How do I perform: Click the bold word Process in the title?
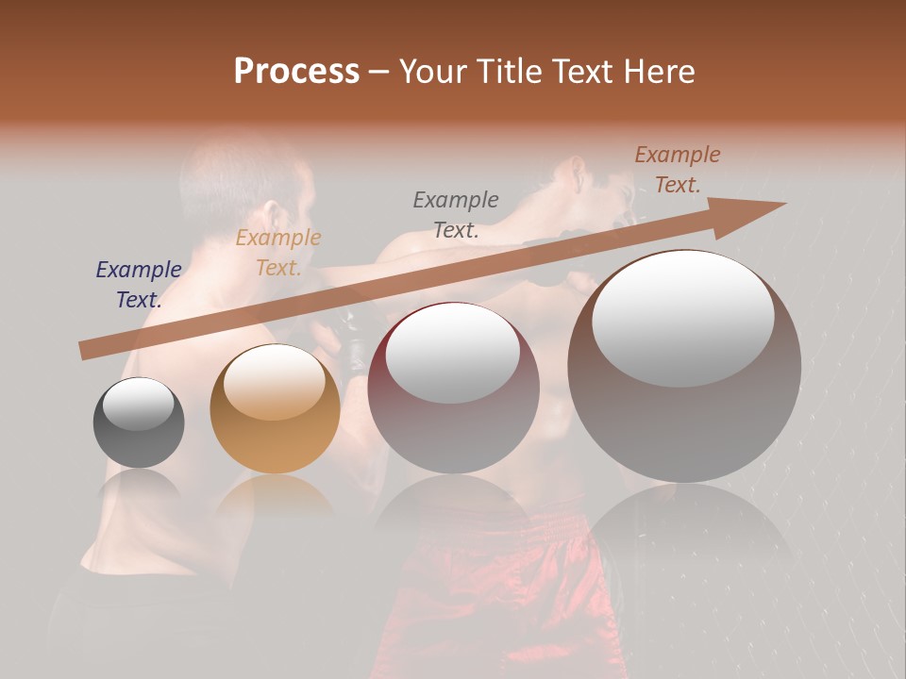point(296,72)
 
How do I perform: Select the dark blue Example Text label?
point(139,285)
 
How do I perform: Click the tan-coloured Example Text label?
point(278,253)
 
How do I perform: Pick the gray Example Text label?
point(456,214)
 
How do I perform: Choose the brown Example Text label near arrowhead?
point(678,170)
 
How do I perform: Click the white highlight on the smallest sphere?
point(139,405)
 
